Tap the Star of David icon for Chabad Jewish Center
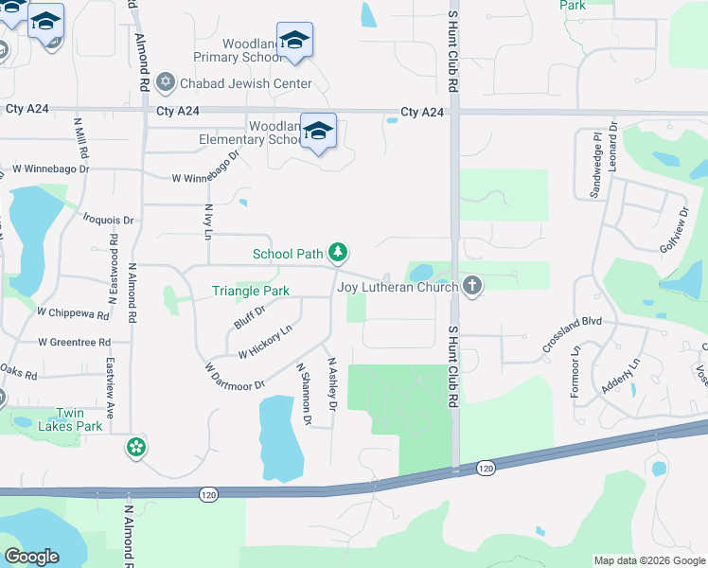[x=167, y=83]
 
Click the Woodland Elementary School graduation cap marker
[x=318, y=133]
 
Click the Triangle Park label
[x=250, y=291]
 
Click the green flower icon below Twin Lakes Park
[x=136, y=447]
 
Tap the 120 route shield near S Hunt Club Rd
[x=486, y=468]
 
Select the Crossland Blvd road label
[x=573, y=334]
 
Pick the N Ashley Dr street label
[x=331, y=383]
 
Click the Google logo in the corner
[x=31, y=557]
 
